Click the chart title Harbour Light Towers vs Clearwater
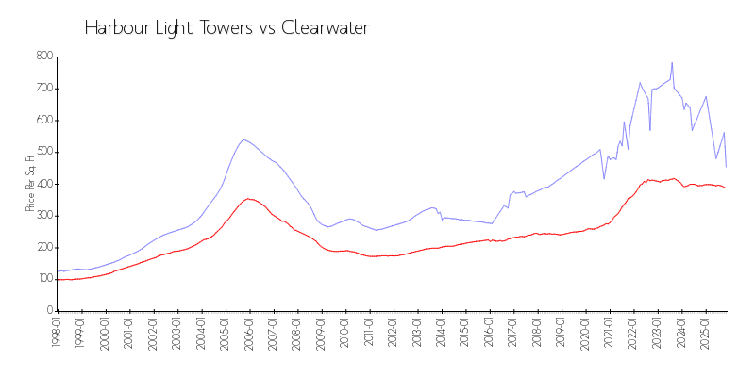point(226,28)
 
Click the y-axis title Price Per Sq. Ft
point(31,183)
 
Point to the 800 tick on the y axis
point(43,57)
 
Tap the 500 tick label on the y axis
point(43,152)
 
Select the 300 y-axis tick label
point(43,216)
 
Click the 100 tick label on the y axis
point(43,279)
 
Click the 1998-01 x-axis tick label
point(57,332)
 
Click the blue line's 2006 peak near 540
point(244,139)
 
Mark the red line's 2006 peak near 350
point(248,199)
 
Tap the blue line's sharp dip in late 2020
point(604,178)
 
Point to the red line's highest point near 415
point(673,178)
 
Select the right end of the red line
point(726,188)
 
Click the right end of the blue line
point(726,167)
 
